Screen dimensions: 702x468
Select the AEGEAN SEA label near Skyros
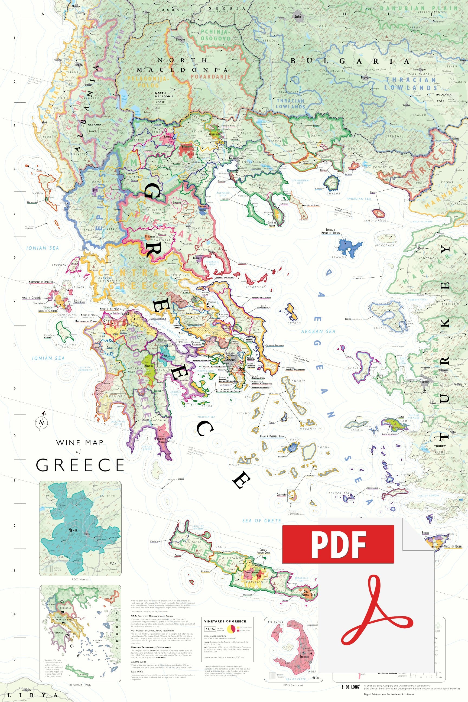pos(318,331)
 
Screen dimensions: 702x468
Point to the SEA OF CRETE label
pos(261,521)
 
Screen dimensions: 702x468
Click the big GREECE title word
pos(80,465)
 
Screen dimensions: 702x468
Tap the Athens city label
pos(230,360)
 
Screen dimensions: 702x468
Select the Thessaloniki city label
pos(236,158)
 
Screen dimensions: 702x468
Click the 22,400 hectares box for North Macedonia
pos(160,102)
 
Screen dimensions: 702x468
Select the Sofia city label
pos(298,17)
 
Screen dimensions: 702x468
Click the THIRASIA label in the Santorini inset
pos(275,622)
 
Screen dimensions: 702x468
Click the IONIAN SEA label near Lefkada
pos(43,248)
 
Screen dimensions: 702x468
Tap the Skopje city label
pos(181,39)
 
